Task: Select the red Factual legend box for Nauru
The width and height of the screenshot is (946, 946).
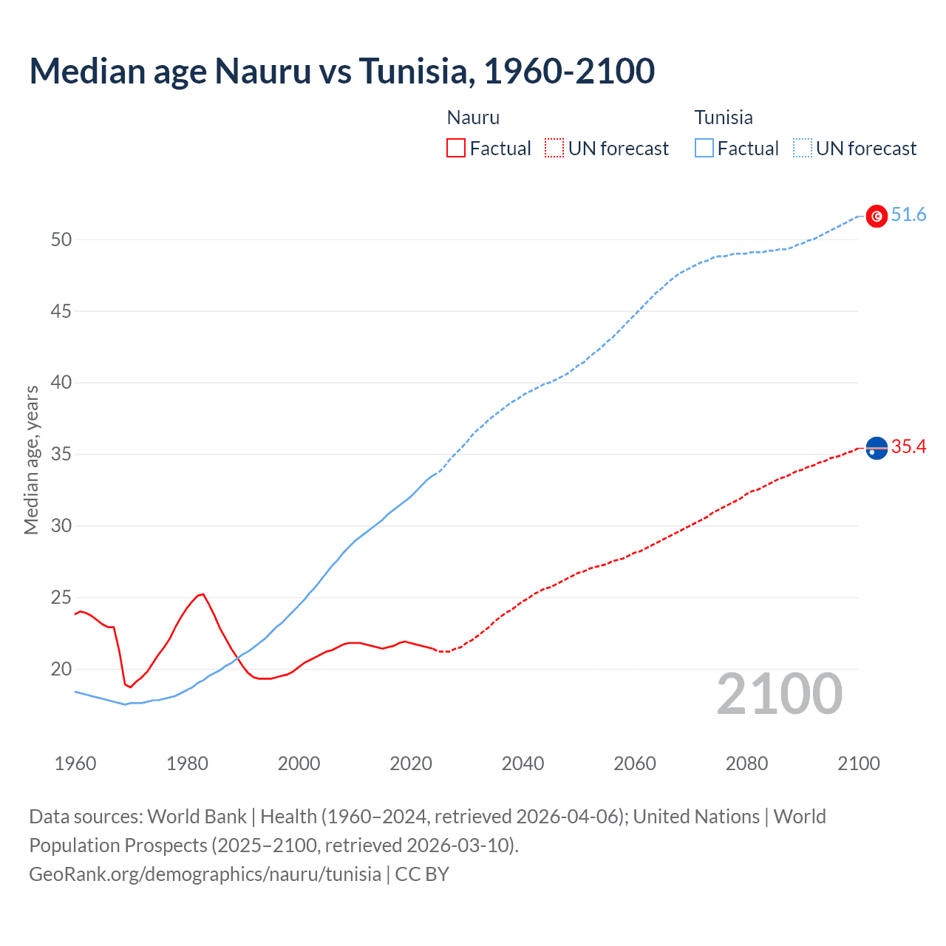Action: [456, 149]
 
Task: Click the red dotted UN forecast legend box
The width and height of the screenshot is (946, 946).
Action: [554, 149]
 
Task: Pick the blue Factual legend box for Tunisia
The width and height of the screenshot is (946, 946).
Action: [704, 149]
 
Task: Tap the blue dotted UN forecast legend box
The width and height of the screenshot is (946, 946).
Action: [802, 149]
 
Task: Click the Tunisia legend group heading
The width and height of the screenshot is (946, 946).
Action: [723, 118]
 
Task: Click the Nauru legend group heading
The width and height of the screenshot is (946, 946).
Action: [473, 118]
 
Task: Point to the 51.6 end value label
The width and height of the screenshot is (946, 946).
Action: [908, 215]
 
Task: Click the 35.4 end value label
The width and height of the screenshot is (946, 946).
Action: [908, 446]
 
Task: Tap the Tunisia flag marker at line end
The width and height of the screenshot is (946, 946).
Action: [877, 216]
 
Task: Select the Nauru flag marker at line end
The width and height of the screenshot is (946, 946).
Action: [877, 448]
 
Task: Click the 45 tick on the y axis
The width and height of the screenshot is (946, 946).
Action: [61, 311]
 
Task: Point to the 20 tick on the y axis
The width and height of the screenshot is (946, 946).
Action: [61, 669]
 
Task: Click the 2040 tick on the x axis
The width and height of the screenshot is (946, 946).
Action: [523, 763]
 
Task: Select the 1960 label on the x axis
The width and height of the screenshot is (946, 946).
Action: [75, 763]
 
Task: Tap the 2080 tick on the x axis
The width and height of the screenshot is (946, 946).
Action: [746, 763]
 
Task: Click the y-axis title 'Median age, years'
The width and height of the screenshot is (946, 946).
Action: [31, 460]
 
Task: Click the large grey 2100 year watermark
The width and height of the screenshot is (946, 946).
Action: [779, 694]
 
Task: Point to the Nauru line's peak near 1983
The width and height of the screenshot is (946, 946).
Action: [203, 593]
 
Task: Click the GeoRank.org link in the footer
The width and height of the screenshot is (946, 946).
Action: [205, 874]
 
